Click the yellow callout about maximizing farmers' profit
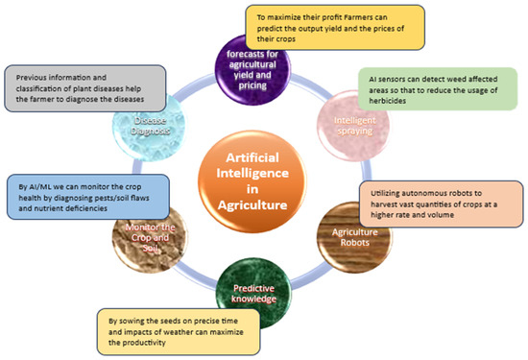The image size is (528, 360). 318,26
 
